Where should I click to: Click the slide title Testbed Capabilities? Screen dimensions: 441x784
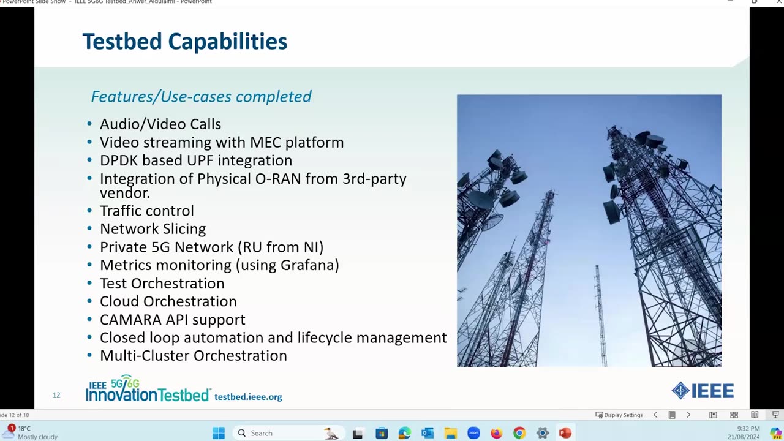click(x=184, y=42)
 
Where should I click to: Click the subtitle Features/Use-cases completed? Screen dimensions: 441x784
click(x=201, y=97)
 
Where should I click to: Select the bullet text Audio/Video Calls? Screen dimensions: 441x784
click(x=160, y=124)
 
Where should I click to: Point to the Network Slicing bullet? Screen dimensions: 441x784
click(x=153, y=229)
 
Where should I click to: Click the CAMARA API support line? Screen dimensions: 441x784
click(x=172, y=320)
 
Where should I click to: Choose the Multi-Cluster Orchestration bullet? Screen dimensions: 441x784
click(x=193, y=356)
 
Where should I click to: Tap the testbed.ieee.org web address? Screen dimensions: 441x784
click(x=248, y=397)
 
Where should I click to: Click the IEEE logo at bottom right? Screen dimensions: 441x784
click(x=703, y=391)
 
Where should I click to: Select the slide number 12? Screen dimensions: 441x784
click(x=56, y=395)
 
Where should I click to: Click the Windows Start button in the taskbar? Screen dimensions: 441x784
click(x=219, y=433)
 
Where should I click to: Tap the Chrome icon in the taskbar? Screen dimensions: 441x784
click(x=519, y=433)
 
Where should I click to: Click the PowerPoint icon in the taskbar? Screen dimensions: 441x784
click(x=565, y=433)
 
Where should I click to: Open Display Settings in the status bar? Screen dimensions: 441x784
click(x=619, y=415)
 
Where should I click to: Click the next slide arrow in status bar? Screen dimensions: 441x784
click(x=688, y=415)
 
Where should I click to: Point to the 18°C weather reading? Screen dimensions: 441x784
click(x=24, y=429)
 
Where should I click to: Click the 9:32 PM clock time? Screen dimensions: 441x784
click(x=748, y=429)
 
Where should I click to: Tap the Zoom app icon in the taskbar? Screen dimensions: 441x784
click(x=473, y=433)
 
